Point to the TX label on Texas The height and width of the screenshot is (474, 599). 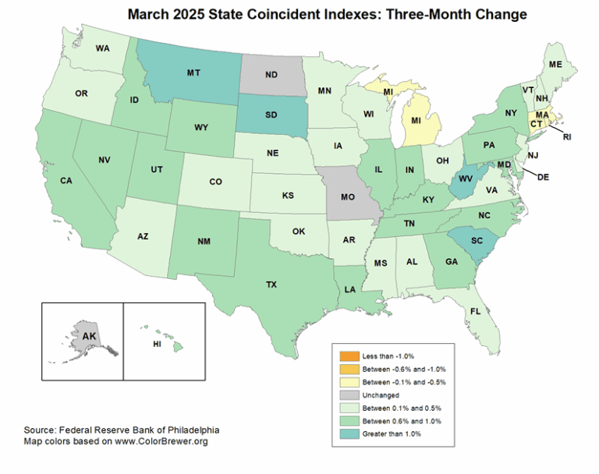click(x=271, y=285)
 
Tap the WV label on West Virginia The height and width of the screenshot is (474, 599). click(x=466, y=179)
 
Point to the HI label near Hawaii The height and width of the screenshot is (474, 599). click(x=157, y=343)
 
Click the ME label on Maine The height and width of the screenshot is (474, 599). click(x=555, y=65)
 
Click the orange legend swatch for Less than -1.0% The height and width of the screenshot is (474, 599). click(x=346, y=355)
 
